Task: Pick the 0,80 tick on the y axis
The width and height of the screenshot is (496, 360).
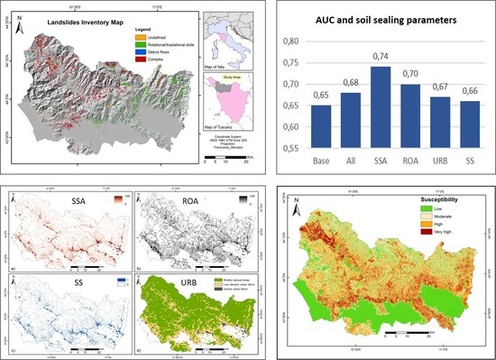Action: pos(289,42)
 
